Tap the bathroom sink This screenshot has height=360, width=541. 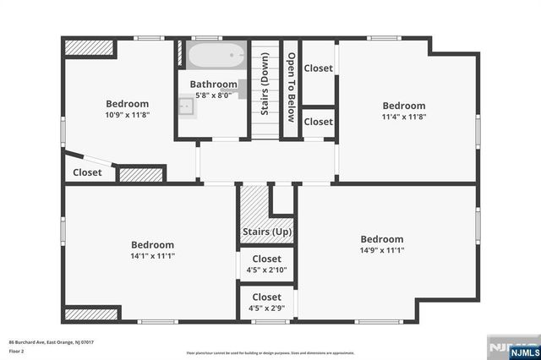pyautogui.click(x=189, y=106)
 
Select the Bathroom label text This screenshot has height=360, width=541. pyautogui.click(x=213, y=85)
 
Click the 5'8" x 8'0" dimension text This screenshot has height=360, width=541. pyautogui.click(x=213, y=95)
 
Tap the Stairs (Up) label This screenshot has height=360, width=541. pyautogui.click(x=267, y=232)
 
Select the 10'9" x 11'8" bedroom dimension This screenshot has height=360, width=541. pyautogui.click(x=128, y=114)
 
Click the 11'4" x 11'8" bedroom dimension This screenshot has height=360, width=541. pyautogui.click(x=403, y=117)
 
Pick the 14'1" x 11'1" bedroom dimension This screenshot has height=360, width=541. pyautogui.click(x=152, y=256)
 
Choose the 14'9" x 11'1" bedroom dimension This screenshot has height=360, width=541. pyautogui.click(x=382, y=250)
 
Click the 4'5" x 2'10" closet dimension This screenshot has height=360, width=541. pyautogui.click(x=266, y=270)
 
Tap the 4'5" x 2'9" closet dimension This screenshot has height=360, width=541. pyautogui.click(x=266, y=308)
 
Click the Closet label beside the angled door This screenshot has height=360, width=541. pyautogui.click(x=87, y=172)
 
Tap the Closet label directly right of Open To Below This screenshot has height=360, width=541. pyautogui.click(x=318, y=68)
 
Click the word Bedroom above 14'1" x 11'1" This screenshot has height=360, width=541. pyautogui.click(x=152, y=245)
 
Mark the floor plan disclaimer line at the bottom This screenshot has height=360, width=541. pyautogui.click(x=270, y=352)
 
